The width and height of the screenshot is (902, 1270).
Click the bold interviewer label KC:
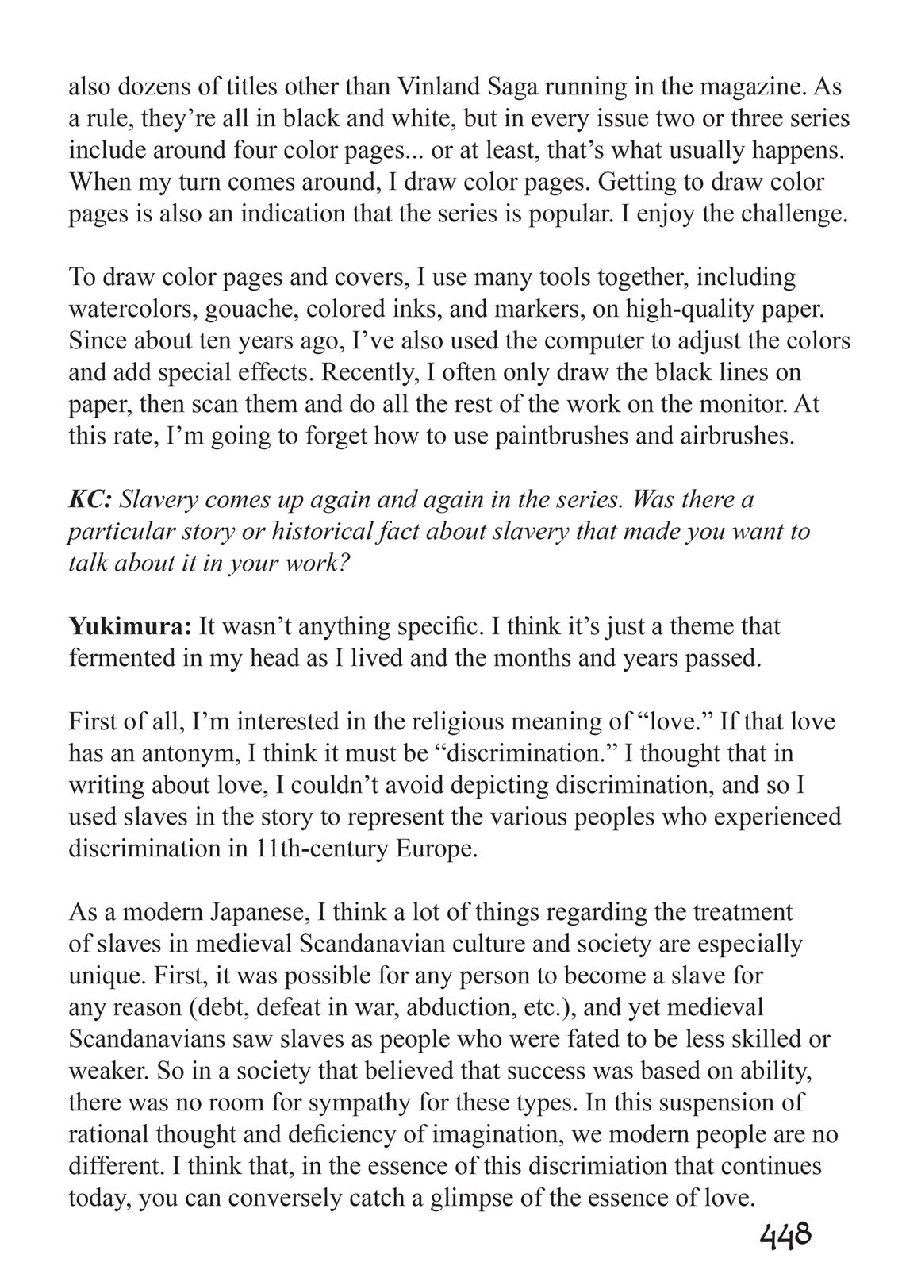click(91, 499)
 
